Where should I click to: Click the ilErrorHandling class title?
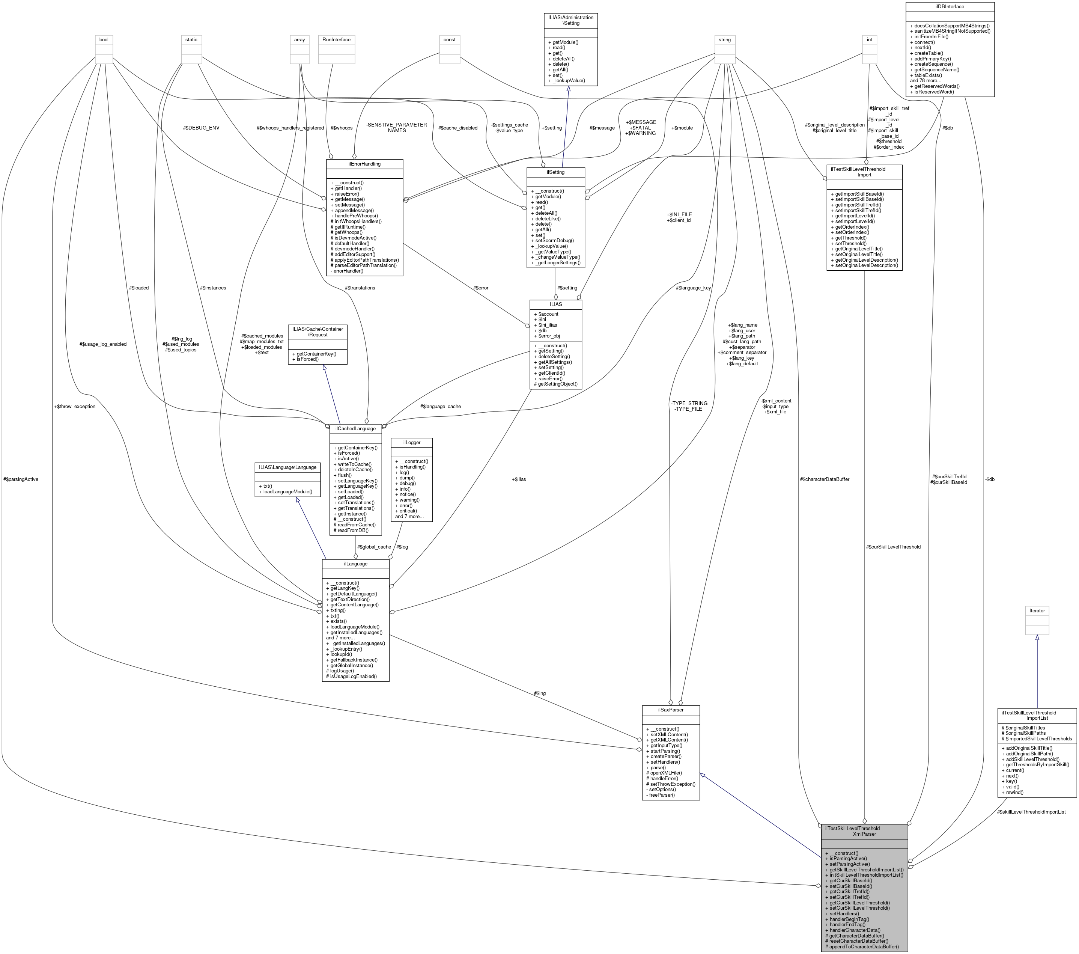(364, 164)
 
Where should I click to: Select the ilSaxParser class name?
(670, 710)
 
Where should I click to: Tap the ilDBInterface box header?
(950, 6)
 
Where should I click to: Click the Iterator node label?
(1037, 610)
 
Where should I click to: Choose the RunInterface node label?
(336, 39)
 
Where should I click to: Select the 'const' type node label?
(449, 39)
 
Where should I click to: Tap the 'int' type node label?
(869, 39)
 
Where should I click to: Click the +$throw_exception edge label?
(74, 407)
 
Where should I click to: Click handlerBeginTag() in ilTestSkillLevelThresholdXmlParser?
(849, 919)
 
